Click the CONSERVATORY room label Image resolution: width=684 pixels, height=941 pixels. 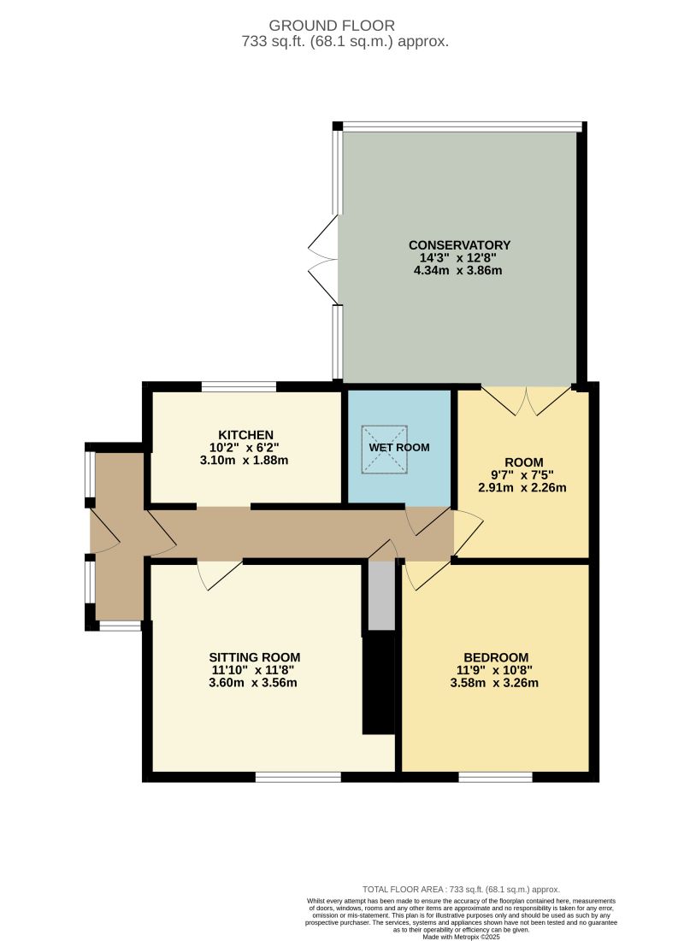tap(460, 245)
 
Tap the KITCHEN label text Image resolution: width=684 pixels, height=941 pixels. tap(245, 434)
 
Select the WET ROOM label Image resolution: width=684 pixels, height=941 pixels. tap(399, 447)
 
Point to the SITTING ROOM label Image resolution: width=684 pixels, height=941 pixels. tap(255, 657)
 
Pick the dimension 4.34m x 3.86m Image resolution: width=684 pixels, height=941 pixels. tap(460, 271)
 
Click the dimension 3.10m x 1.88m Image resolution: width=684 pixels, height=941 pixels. tap(245, 460)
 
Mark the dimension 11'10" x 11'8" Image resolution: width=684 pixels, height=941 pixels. tap(255, 670)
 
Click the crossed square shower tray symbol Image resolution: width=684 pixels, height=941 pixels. tap(384, 448)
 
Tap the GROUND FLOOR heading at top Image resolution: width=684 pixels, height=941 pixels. tap(342, 26)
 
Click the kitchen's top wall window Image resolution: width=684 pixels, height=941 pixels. tap(239, 387)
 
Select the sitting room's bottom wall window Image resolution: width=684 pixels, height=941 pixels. tap(298, 777)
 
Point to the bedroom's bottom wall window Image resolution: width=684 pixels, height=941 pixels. tap(495, 777)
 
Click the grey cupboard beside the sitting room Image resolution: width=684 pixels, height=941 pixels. tap(381, 596)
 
